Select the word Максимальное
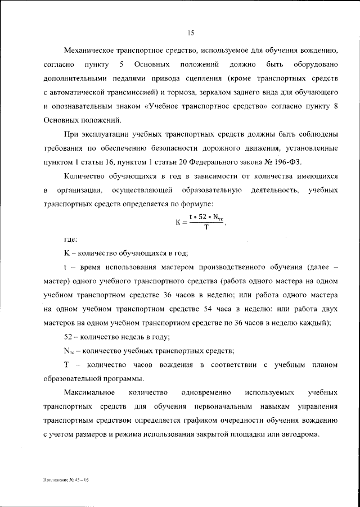point(90,392)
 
